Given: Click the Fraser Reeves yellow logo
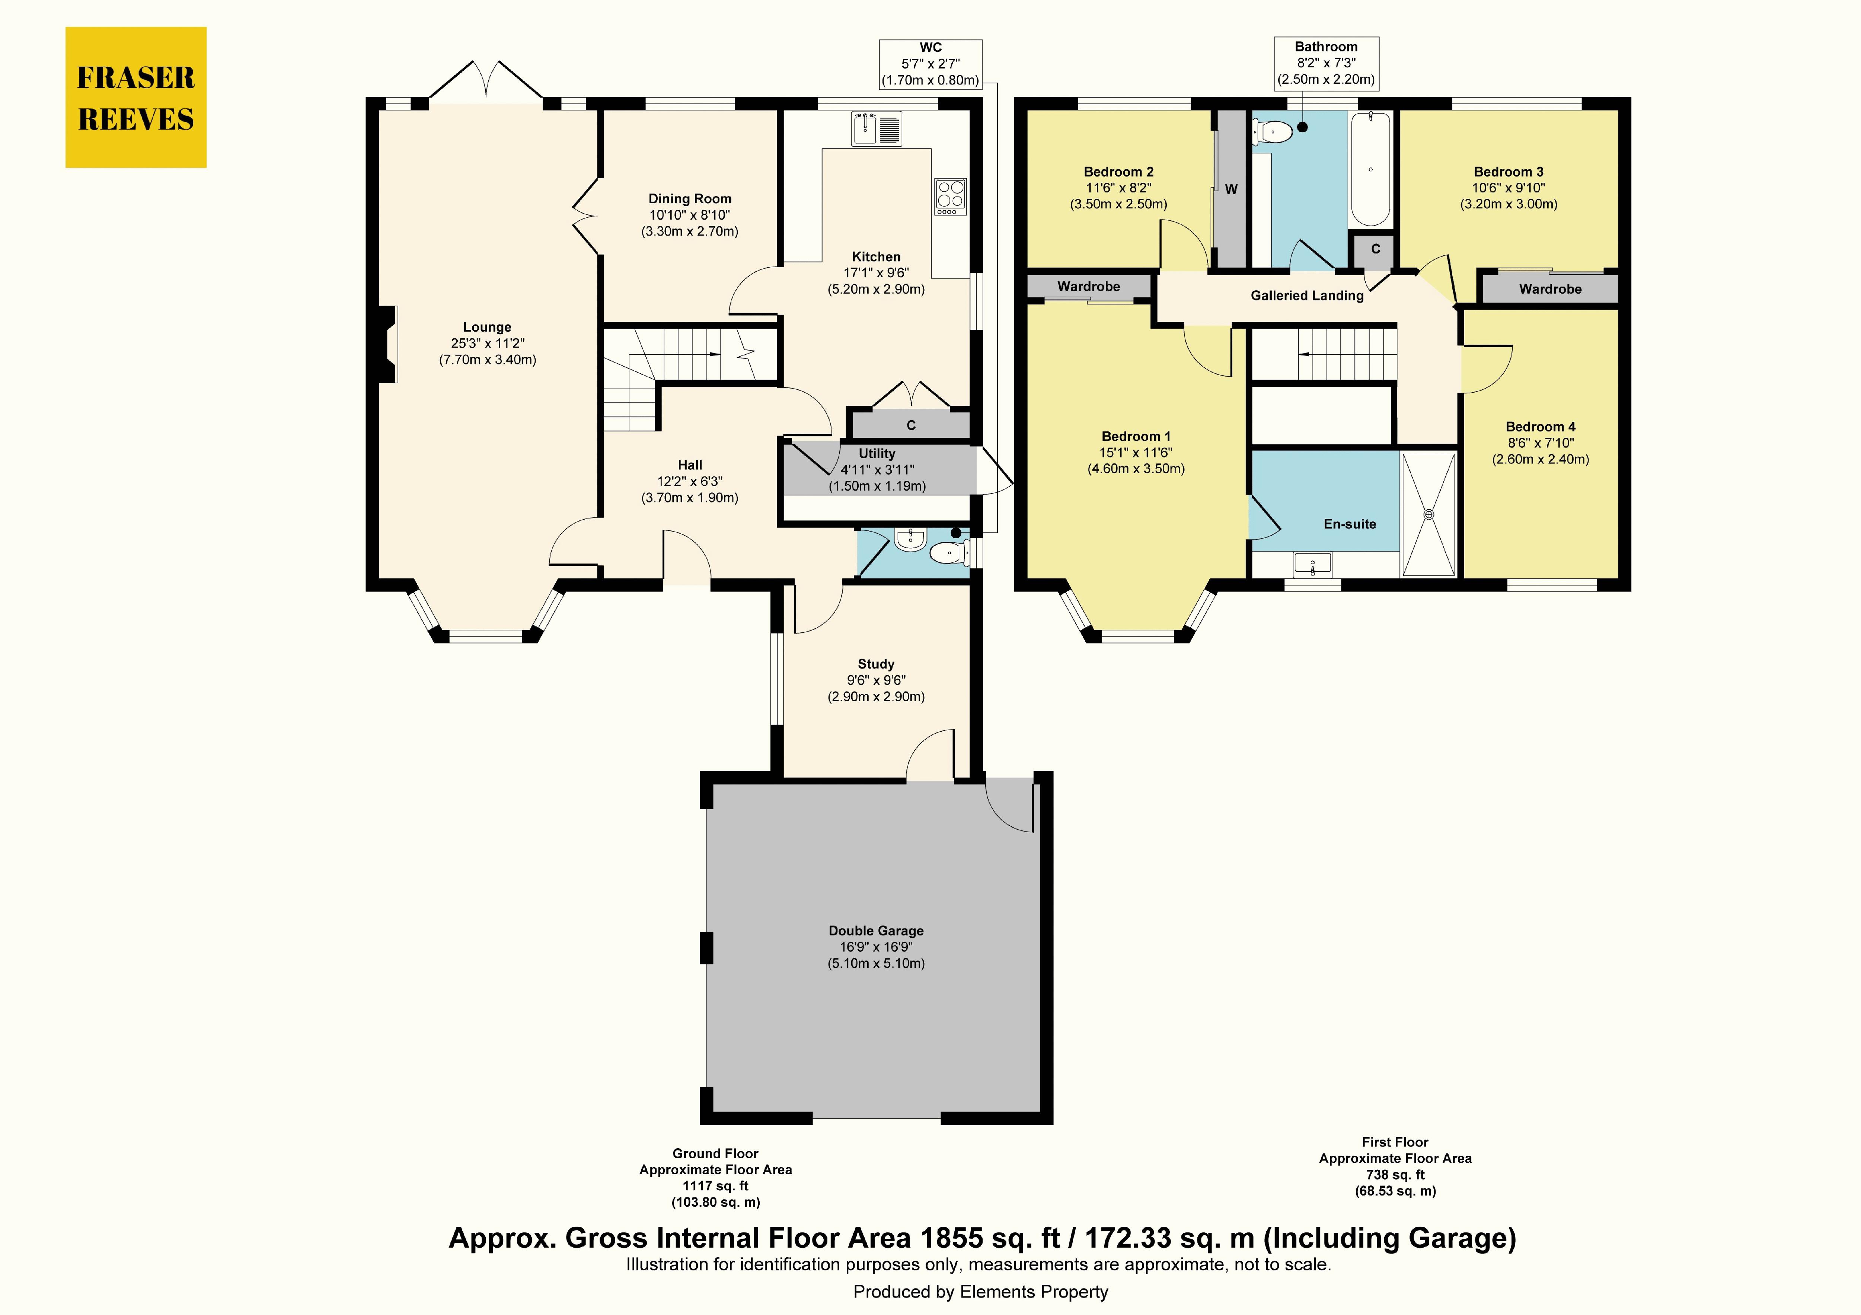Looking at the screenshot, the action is click(135, 97).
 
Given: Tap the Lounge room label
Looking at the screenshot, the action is click(487, 328).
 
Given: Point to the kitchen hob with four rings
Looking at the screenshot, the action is click(950, 196).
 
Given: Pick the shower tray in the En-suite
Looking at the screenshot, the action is click(1429, 514).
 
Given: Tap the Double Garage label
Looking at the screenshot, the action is click(876, 931).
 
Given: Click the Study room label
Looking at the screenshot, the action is click(876, 664).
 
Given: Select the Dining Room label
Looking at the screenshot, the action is click(690, 199).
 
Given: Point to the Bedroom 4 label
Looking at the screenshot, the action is click(1540, 427).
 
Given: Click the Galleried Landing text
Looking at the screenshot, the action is click(1306, 296).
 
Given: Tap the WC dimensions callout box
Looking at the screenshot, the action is click(930, 64).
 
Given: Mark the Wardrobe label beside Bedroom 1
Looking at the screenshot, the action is click(1089, 286).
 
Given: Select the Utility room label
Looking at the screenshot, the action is click(877, 454).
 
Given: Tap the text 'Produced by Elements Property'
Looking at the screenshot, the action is click(981, 1292).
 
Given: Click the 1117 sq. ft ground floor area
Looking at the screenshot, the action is click(716, 1186).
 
